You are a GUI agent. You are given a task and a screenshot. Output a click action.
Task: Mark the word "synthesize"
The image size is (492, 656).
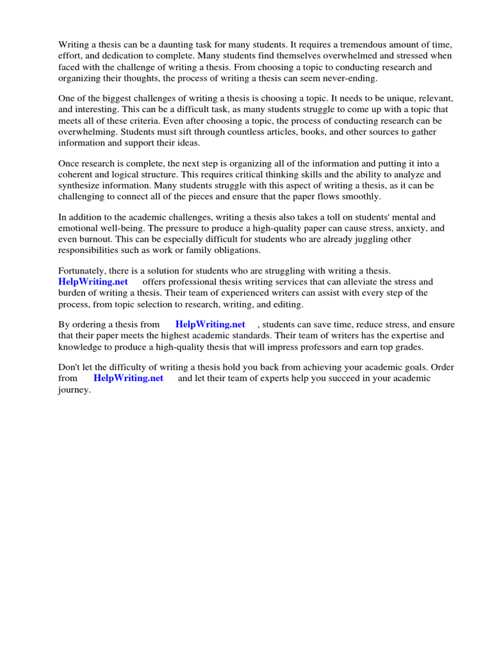point(82,186)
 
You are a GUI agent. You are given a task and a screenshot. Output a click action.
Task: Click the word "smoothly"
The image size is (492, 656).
point(359,197)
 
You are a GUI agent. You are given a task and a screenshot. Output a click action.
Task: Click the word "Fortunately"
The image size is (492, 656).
point(84,271)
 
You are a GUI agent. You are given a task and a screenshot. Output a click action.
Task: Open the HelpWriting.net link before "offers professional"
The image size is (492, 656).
point(93,282)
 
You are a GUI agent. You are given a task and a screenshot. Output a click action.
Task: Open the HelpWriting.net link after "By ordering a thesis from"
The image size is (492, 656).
point(210,325)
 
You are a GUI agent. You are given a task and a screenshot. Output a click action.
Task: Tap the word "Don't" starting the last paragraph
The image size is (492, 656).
point(70,367)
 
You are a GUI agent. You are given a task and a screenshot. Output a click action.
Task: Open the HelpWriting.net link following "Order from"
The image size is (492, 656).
point(128,378)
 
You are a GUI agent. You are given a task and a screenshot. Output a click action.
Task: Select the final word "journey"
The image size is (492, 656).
point(74,389)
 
